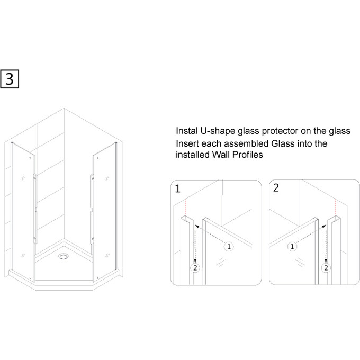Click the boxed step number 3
pos(10,79)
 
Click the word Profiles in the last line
pos(248,155)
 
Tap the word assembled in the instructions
pos(246,143)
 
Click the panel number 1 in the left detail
pos(178,188)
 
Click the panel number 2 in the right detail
pos(276,188)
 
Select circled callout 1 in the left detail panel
pos(229,247)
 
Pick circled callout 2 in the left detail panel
pos(195,268)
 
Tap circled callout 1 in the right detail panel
pos(292,247)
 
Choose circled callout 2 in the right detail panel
pos(326,268)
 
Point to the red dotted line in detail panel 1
pos(185,208)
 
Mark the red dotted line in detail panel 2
pos(336,208)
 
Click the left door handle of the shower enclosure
pos(35,209)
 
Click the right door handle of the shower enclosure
pos(92,209)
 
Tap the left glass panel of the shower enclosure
pos(23,212)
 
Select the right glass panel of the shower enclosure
pos(104,212)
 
